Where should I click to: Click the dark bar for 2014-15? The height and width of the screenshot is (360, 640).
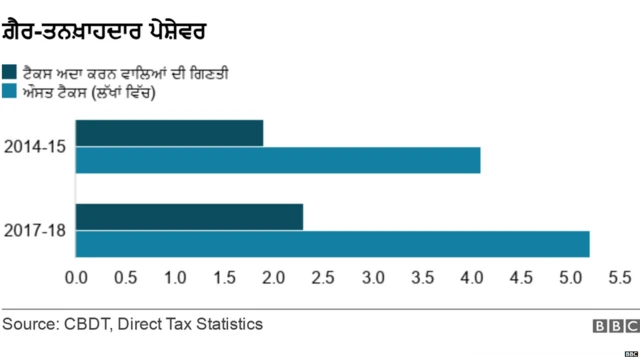click(x=169, y=133)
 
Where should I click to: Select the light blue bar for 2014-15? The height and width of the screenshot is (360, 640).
click(x=278, y=160)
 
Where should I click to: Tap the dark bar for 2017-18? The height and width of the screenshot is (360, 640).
click(x=189, y=216)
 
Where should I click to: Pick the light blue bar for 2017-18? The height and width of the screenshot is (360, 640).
click(x=332, y=243)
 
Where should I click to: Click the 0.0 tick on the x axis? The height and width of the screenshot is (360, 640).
click(x=76, y=276)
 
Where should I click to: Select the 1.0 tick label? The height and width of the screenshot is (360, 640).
click(x=175, y=276)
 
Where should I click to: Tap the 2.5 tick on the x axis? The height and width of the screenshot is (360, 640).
click(x=323, y=276)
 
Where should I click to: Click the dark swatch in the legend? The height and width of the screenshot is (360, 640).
click(x=9, y=72)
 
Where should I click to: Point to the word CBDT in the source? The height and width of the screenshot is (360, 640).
click(x=92, y=324)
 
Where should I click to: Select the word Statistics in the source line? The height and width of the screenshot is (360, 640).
click(x=227, y=324)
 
